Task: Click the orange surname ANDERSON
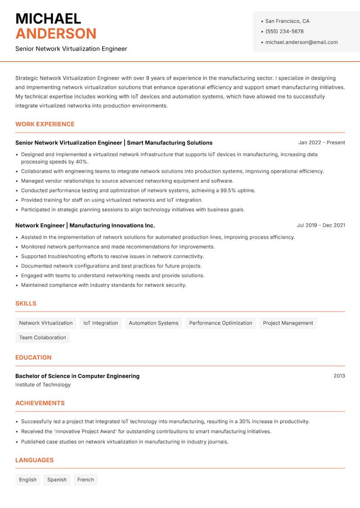(56, 34)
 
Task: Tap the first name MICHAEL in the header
(48, 19)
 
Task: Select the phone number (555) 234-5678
(284, 31)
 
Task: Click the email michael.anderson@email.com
(301, 42)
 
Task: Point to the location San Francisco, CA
(287, 21)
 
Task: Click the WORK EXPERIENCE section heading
(45, 124)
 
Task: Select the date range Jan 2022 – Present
(321, 143)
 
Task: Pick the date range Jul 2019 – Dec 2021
(320, 225)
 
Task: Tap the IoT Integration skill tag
(100, 323)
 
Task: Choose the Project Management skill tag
(288, 323)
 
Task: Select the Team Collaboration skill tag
(42, 338)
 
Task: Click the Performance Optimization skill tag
(220, 323)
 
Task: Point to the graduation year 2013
(339, 376)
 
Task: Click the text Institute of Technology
(43, 385)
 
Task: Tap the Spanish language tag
(57, 480)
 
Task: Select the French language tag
(85, 480)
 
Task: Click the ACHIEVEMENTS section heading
(40, 403)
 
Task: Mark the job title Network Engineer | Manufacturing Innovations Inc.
(85, 225)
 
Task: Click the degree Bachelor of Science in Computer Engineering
(77, 376)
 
